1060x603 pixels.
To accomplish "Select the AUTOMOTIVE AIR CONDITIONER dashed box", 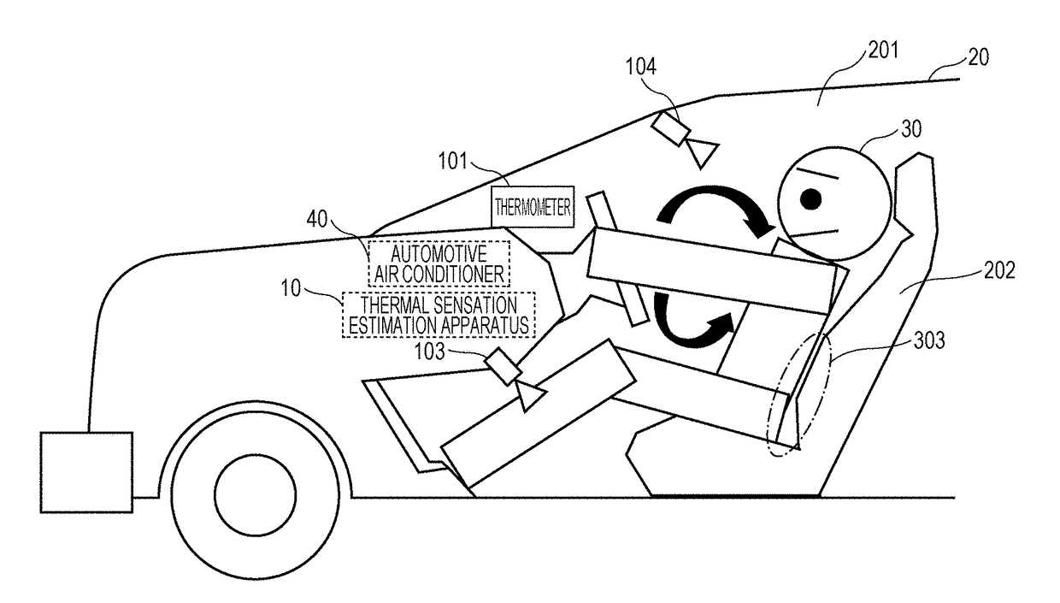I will coord(439,263).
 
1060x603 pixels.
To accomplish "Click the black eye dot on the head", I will coord(811,199).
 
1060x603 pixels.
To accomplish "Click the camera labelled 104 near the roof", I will coord(671,129).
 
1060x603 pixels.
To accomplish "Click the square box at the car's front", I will coord(86,472).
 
